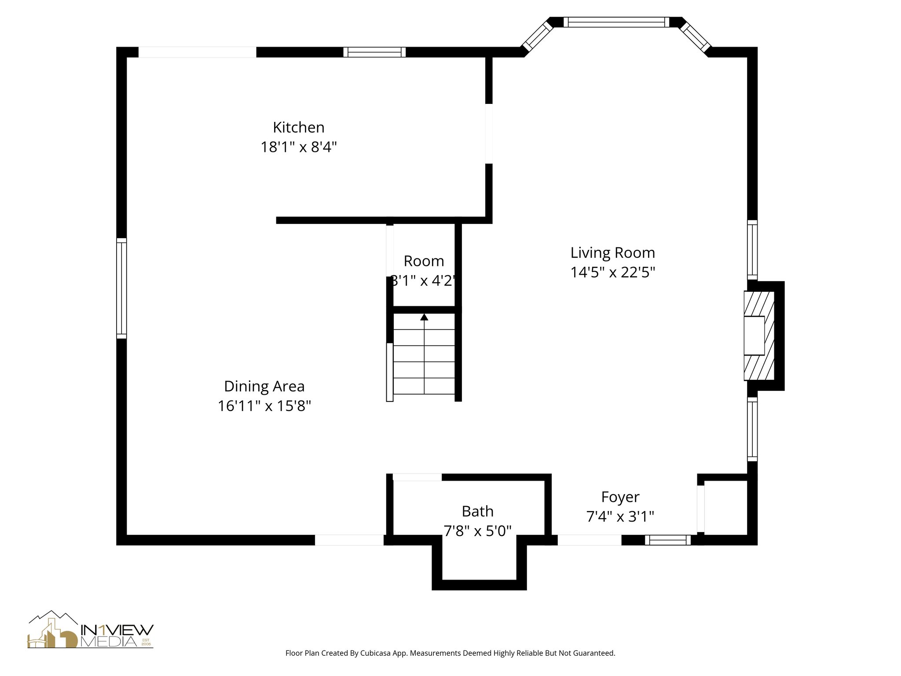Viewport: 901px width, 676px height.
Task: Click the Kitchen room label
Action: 299,127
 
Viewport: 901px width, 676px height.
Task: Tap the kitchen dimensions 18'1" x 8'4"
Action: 299,147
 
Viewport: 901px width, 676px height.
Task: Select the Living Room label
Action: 613,253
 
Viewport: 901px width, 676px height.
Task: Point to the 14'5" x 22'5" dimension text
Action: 613,272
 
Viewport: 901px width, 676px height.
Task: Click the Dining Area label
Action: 264,386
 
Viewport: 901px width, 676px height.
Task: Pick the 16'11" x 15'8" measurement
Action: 264,406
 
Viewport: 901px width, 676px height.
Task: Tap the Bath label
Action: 478,511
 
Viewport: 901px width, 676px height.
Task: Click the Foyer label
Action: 620,497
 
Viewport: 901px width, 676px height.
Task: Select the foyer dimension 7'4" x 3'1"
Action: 620,516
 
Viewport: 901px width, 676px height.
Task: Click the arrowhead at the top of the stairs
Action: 424,317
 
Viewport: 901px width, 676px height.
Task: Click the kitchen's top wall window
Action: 374,52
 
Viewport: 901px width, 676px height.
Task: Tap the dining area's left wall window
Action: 121,288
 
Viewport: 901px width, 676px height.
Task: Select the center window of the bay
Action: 616,22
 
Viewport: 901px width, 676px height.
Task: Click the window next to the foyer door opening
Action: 668,540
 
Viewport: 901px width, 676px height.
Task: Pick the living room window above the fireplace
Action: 752,250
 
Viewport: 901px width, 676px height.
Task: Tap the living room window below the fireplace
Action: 752,430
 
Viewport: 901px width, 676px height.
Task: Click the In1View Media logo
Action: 91,629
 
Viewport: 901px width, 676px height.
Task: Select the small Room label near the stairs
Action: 424,261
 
